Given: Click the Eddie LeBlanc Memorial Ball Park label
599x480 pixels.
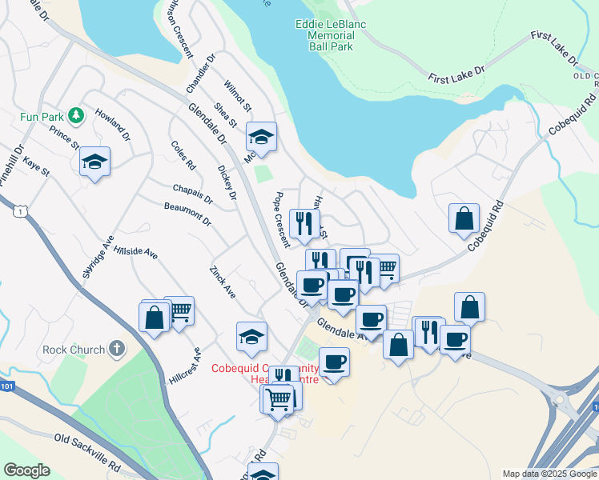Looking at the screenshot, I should click(330, 36).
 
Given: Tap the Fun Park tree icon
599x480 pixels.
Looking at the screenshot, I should click(76, 116).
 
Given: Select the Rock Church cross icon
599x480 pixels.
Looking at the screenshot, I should click(117, 349).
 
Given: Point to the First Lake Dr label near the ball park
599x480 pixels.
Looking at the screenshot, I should click(456, 74).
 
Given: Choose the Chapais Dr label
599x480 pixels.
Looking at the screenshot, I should click(192, 194).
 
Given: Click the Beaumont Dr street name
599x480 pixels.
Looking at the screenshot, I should click(187, 214).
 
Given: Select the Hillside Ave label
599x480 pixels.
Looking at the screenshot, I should click(135, 251).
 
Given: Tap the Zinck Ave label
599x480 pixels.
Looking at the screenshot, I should click(223, 281).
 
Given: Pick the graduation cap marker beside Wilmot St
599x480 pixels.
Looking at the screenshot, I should click(261, 137).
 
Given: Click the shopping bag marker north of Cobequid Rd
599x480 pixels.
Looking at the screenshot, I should click(464, 218).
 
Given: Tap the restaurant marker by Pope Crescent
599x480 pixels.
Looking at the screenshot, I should click(304, 223).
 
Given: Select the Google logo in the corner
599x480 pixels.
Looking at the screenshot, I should click(26, 470).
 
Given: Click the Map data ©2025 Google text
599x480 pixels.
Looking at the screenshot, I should click(549, 474).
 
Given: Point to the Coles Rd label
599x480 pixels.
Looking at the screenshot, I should click(183, 155).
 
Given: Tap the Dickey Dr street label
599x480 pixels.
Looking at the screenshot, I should click(227, 183).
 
